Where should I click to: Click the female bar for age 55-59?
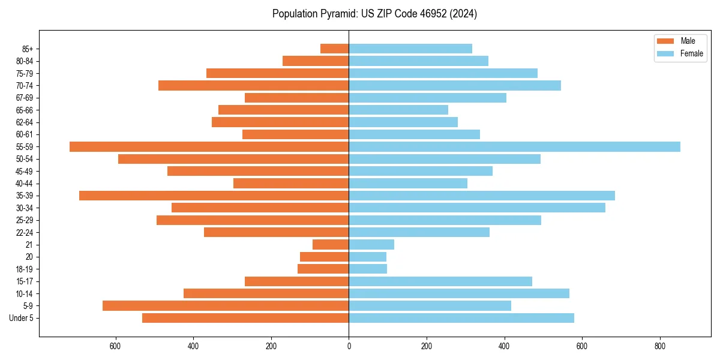[514, 146]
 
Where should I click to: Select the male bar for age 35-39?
[214, 196]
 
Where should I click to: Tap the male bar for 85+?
[334, 49]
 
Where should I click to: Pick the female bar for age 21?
[371, 244]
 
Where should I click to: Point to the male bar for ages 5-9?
[226, 305]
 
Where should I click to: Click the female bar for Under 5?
[461, 318]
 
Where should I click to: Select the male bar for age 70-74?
[253, 85]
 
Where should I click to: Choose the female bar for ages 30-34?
[477, 208]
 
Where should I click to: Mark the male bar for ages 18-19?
[323, 269]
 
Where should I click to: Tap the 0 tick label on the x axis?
[349, 346]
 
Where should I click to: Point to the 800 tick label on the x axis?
[660, 346]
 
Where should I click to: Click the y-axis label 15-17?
[25, 281]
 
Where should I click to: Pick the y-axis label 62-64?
[25, 122]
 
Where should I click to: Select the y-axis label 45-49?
[25, 171]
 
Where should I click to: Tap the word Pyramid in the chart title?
[337, 14]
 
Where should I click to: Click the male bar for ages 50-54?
[233, 159]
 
